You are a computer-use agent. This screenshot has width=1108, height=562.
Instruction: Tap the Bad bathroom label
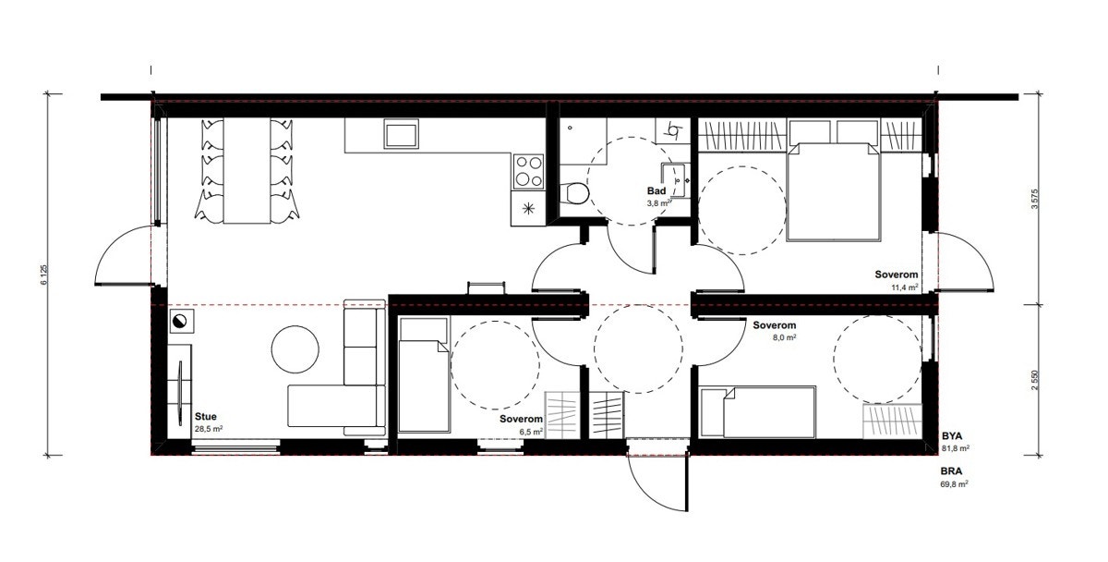[656, 190]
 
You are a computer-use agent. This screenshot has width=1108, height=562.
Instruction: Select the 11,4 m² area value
[903, 287]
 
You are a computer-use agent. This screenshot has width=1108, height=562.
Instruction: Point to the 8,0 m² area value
[784, 338]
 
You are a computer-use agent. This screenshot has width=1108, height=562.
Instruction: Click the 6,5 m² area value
[530, 431]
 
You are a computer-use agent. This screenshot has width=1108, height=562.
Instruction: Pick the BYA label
[953, 434]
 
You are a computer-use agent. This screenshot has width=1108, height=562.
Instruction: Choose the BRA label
[953, 470]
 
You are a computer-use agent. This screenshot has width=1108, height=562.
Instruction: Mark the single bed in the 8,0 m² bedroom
[758, 412]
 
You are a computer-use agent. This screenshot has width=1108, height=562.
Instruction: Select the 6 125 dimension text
[43, 275]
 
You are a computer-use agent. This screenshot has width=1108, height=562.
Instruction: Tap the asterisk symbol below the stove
[528, 208]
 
